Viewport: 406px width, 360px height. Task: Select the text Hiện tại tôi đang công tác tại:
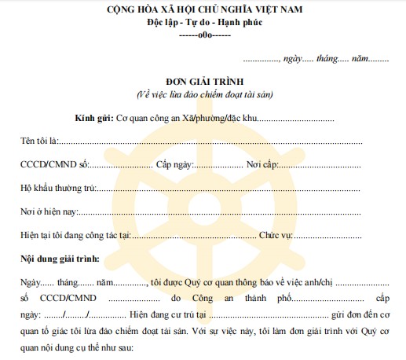[x=75, y=235]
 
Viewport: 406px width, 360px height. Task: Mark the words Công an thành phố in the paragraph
[x=223, y=299]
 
